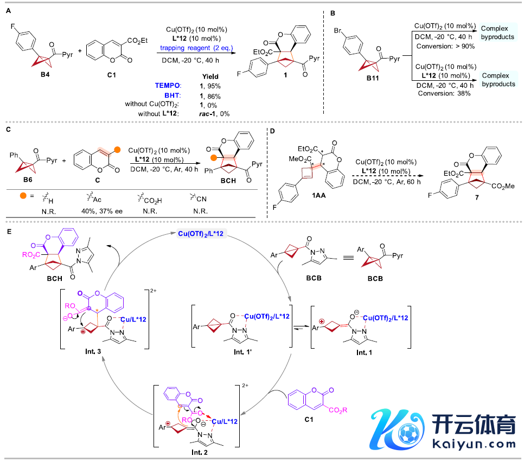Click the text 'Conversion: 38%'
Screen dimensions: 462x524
point(444,93)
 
